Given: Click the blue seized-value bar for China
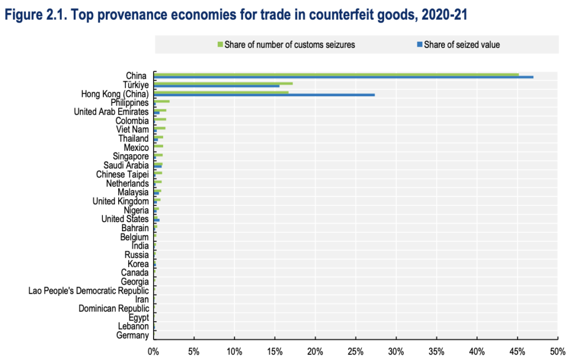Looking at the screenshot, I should (343, 77).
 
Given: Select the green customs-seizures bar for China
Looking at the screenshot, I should (336, 74).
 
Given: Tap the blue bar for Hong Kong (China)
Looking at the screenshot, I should (264, 95).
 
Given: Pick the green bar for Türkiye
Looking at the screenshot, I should (223, 83).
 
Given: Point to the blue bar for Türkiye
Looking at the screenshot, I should (217, 86).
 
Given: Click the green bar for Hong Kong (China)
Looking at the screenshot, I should (221, 92).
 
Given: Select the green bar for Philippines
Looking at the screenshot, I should (161, 101).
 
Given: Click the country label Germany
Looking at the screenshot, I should (133, 336).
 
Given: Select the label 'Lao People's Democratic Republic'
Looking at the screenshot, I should (89, 291).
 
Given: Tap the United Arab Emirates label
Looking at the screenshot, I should (111, 111).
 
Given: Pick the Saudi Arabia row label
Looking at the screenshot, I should (126, 165).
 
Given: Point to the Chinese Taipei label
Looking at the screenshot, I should (123, 174).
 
